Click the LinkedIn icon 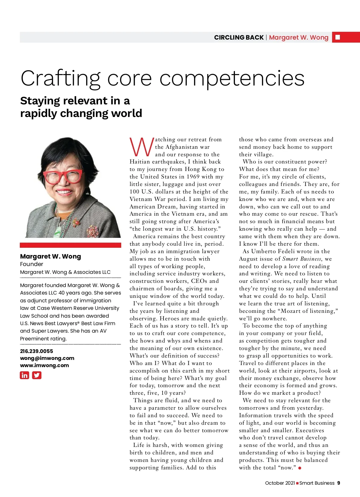coord(25,375)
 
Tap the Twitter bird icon coord(37,375)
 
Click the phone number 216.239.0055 coord(37,351)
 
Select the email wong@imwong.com coord(47,358)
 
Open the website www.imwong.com coord(44,365)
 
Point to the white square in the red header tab coord(338,37)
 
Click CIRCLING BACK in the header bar coord(239,37)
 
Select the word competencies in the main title coord(232,79)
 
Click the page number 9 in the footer coord(339,483)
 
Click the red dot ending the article coord(300,468)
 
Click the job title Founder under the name coord(31,264)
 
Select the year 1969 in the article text coord(193,177)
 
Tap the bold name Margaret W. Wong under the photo coord(50,256)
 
